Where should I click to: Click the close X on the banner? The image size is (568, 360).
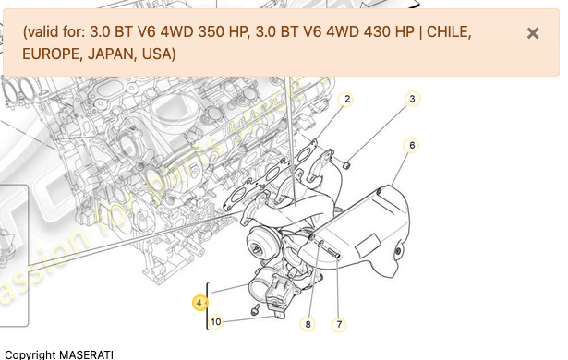click(533, 33)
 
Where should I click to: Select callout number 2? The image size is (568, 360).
click(347, 99)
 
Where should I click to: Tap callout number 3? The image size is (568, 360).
click(413, 99)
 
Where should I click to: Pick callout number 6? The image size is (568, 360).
click(412, 145)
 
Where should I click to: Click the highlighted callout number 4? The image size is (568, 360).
click(199, 302)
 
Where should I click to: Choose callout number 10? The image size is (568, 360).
click(215, 322)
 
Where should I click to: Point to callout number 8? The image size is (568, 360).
click(308, 324)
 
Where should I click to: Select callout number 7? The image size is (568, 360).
click(339, 324)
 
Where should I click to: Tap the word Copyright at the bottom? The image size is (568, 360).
click(30, 354)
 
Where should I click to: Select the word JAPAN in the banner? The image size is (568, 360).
click(109, 54)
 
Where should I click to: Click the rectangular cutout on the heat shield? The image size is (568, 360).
click(367, 245)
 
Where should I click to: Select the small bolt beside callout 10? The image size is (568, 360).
click(255, 310)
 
